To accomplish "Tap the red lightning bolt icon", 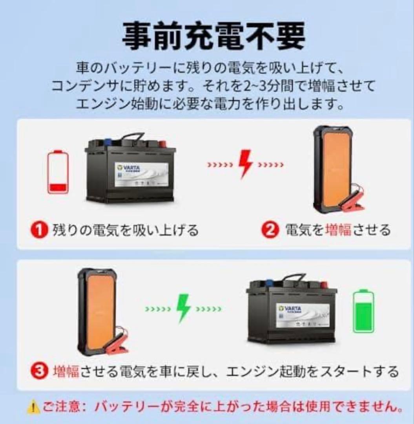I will click(245, 164).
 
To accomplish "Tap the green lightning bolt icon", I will click(183, 309).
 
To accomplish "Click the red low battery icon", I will click(58, 172).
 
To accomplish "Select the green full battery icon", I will click(363, 312).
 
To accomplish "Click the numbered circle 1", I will click(40, 230).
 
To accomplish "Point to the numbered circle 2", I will click(270, 230).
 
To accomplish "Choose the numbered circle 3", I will click(40, 371).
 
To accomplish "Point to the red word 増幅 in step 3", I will click(66, 371).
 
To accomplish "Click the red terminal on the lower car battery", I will click(325, 283).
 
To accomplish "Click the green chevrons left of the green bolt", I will click(158, 309).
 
